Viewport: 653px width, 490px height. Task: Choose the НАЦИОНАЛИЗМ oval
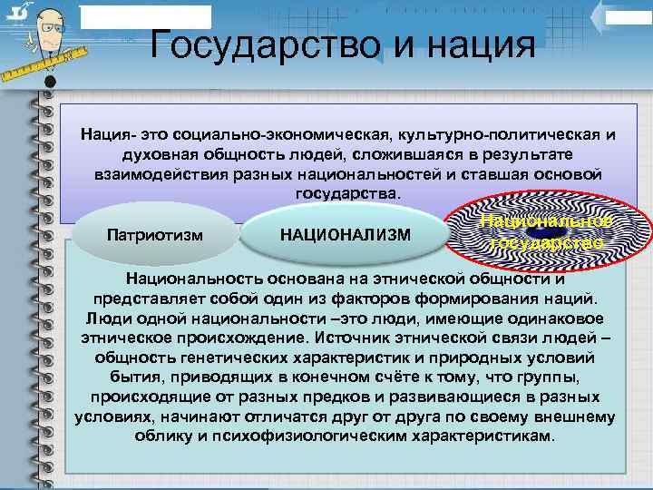tap(346, 235)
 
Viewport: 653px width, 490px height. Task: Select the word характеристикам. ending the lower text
tap(490, 436)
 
